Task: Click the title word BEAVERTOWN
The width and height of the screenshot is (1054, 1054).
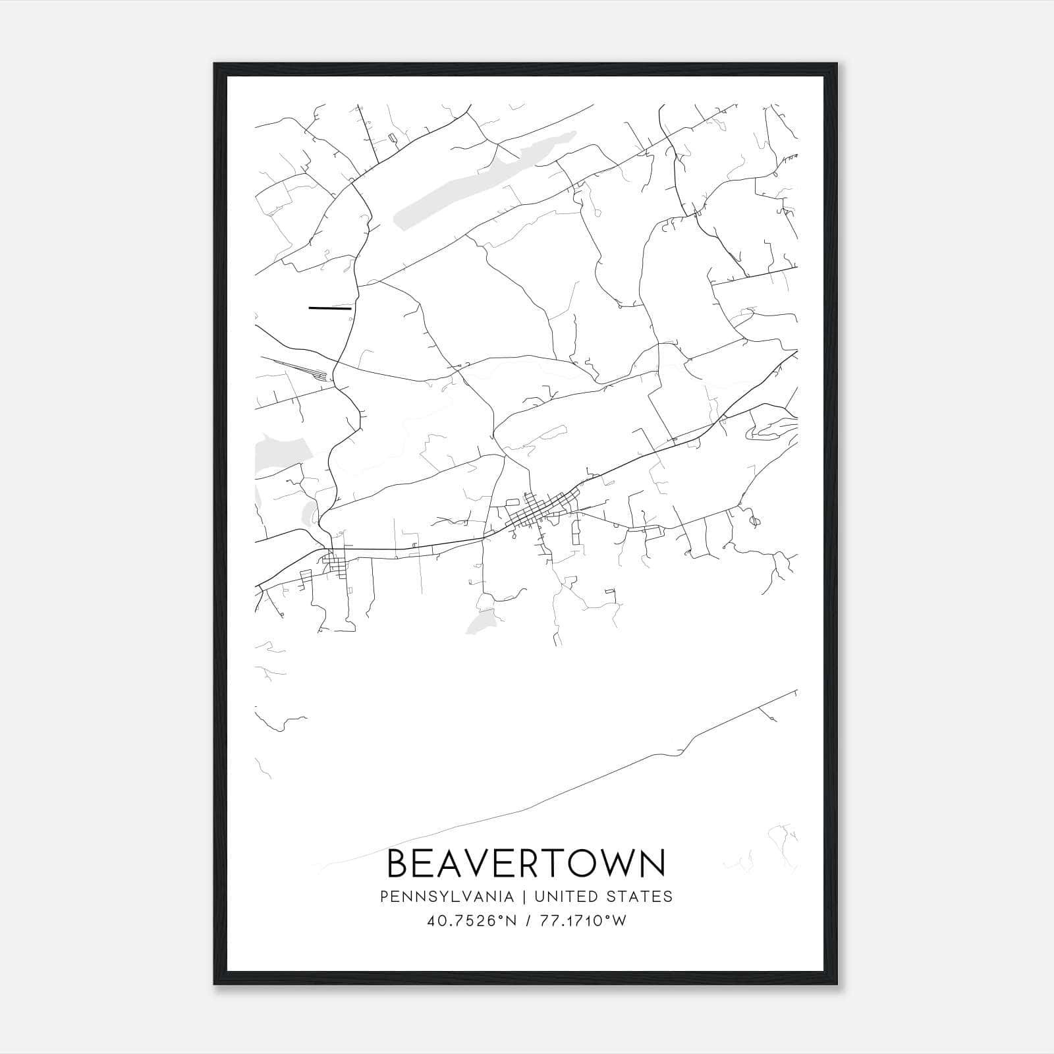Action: click(526, 864)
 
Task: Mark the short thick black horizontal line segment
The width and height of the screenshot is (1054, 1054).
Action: click(330, 308)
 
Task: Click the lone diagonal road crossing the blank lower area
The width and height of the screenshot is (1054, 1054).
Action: click(593, 784)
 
